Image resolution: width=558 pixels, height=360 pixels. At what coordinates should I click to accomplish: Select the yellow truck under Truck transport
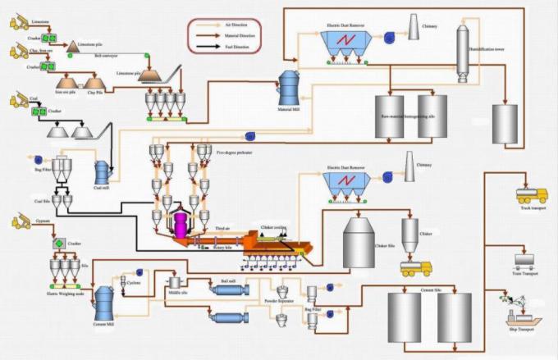click(x=531, y=197)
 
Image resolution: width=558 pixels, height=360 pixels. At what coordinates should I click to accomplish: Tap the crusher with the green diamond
click(x=58, y=244)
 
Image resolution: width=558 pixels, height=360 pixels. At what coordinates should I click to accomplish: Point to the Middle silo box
click(x=174, y=282)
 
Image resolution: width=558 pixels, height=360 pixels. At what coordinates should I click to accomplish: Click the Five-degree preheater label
click(x=237, y=152)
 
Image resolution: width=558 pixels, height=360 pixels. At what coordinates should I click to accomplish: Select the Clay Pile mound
click(x=95, y=82)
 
